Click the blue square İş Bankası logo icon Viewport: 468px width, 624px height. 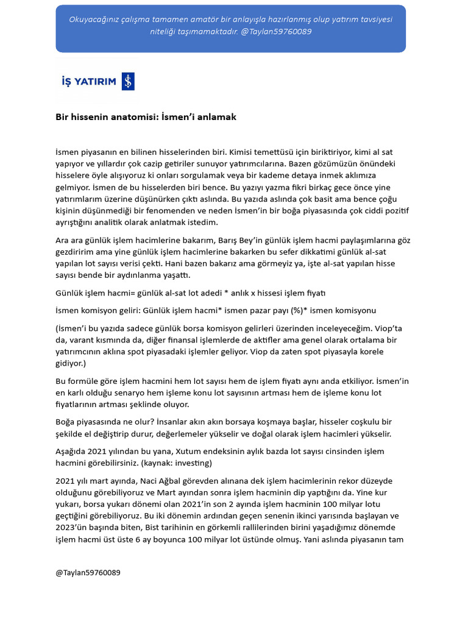pos(128,81)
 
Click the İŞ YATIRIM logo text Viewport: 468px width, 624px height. pos(89,82)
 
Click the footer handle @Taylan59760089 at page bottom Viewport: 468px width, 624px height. pos(88,573)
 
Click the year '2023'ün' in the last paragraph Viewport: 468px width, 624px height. pos(71,528)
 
